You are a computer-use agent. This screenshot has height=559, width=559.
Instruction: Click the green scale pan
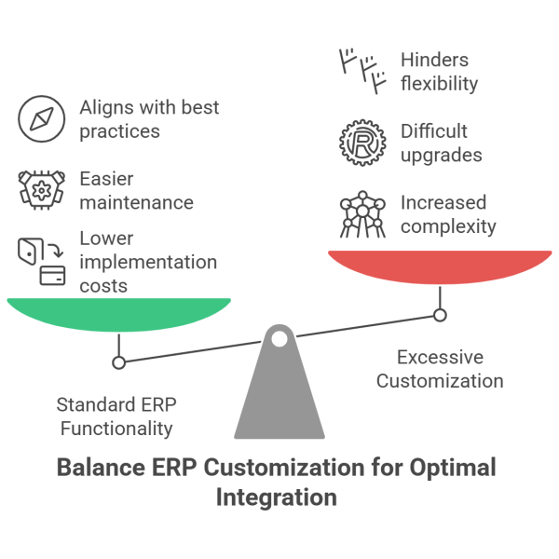[x=118, y=314]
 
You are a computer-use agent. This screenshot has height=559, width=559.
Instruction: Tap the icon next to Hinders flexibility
[x=361, y=73]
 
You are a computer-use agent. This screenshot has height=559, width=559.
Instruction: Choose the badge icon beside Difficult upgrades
[x=361, y=142]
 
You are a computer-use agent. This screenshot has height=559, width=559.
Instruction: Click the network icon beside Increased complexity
[x=361, y=213]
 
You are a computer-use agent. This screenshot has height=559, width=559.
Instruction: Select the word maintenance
[x=136, y=202]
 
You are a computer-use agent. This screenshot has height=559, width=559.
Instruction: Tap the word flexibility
[x=439, y=84]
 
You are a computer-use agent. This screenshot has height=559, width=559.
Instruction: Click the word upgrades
[x=441, y=155]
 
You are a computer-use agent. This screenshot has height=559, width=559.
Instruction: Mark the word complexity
[x=449, y=225]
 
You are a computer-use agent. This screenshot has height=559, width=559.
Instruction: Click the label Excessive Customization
[x=440, y=369]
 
